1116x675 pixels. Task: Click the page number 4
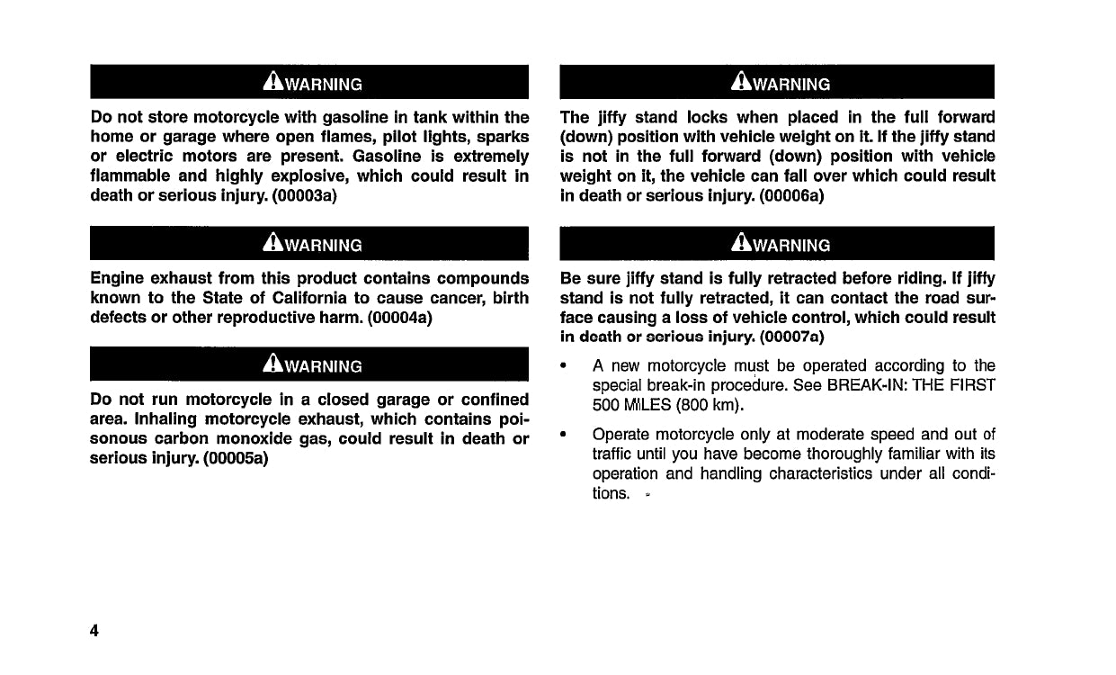tap(94, 630)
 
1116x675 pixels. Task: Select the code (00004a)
tap(401, 318)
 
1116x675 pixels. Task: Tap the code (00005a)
tap(237, 458)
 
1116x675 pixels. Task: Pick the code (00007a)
tap(791, 337)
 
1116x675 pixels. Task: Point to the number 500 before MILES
tap(605, 405)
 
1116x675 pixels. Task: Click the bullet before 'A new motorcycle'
tap(563, 366)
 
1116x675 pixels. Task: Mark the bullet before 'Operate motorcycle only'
tap(563, 433)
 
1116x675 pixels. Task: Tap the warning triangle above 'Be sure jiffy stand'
tap(742, 244)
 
